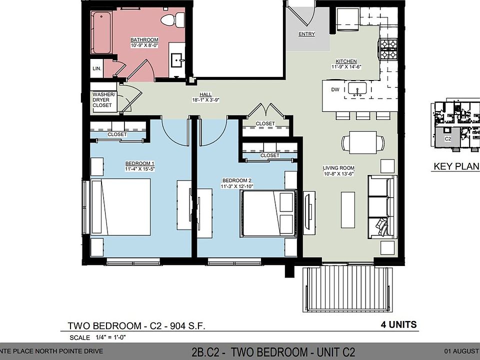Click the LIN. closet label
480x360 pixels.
[96, 68]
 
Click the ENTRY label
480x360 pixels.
[307, 34]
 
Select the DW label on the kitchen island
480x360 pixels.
[335, 90]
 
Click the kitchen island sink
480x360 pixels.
[357, 89]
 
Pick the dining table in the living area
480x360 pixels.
[363, 142]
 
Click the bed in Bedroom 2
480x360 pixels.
[267, 213]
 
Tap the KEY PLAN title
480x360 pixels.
[456, 166]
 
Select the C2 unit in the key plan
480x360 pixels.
[448, 139]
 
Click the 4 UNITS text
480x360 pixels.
[395, 324]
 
